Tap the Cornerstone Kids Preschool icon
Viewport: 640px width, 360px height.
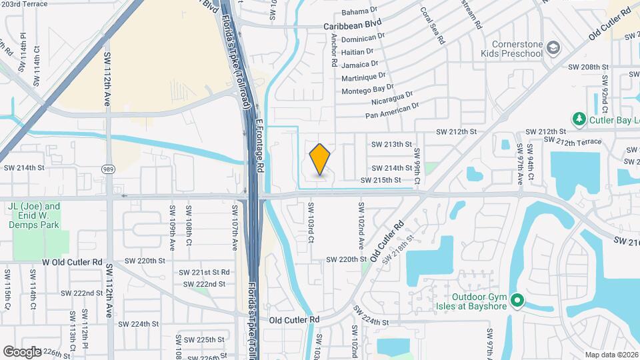tap(553, 48)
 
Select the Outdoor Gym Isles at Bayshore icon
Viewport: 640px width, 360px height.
tap(517, 302)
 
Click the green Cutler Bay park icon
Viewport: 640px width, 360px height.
tap(579, 119)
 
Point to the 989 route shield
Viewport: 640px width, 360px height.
tap(108, 169)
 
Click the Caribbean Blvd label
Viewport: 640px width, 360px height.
tap(352, 25)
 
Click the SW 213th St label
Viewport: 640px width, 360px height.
tap(391, 144)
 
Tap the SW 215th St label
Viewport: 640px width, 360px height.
tap(381, 180)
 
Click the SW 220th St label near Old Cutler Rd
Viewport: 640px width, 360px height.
tap(346, 259)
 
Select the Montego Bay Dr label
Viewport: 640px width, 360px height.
tap(367, 89)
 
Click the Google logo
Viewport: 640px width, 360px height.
tap(22, 351)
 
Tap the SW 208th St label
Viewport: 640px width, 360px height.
tap(588, 67)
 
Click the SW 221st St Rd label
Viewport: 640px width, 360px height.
tap(204, 273)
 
